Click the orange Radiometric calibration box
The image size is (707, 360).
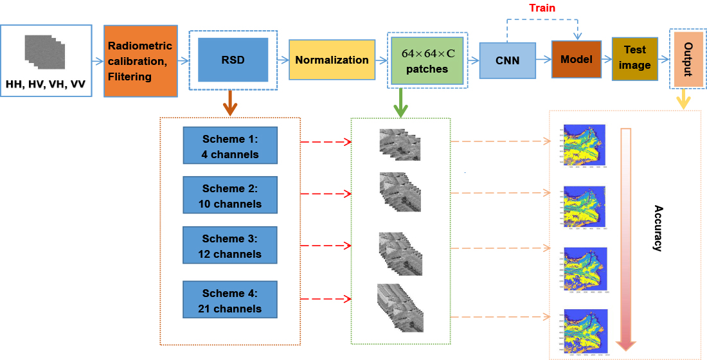pyautogui.click(x=140, y=61)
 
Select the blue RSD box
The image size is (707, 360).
pyautogui.click(x=233, y=60)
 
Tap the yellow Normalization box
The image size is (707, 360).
pyautogui.click(x=332, y=60)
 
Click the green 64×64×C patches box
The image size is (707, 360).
pyautogui.click(x=427, y=60)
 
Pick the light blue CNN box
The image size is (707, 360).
pyautogui.click(x=507, y=60)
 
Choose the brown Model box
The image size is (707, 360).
pyautogui.click(x=576, y=59)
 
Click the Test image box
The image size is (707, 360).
pyautogui.click(x=634, y=59)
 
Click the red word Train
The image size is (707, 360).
pyautogui.click(x=542, y=8)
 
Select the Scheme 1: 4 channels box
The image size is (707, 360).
pyautogui.click(x=230, y=146)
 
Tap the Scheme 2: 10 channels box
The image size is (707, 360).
pyautogui.click(x=230, y=196)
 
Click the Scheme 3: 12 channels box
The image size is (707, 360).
pyautogui.click(x=230, y=246)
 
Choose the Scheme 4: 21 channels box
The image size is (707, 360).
pyautogui.click(x=230, y=300)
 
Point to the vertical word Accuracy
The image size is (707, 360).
pyautogui.click(x=658, y=228)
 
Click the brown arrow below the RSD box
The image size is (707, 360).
pyautogui.click(x=229, y=104)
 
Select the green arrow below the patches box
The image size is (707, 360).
pyautogui.click(x=401, y=104)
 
